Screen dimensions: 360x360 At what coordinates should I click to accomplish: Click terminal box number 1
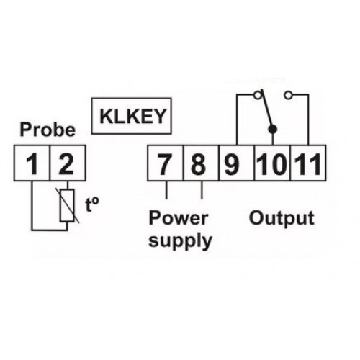point(32,163)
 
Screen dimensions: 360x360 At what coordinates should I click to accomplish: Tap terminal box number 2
point(68,163)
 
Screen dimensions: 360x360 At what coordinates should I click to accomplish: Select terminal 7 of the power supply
point(166,163)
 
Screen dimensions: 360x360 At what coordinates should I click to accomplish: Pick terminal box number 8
point(201,163)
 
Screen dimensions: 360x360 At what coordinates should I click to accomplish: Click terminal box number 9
point(237,163)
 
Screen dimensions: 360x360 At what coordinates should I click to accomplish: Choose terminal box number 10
point(272,163)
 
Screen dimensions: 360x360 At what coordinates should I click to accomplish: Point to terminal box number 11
point(308,163)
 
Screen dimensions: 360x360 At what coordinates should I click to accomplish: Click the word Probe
point(48,130)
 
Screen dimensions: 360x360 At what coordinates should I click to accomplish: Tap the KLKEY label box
point(131,116)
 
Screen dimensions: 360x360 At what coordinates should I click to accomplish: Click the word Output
point(282,218)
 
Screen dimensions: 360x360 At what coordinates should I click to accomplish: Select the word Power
point(179,218)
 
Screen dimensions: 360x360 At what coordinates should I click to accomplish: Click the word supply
point(180,240)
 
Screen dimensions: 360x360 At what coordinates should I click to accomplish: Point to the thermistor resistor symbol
point(67,205)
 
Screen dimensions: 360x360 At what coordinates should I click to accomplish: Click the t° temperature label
point(92,204)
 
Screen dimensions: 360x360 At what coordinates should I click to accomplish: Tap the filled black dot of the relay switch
point(272,130)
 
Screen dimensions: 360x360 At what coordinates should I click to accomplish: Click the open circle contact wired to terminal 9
point(258,96)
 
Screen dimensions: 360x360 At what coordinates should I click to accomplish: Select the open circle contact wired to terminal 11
point(288,96)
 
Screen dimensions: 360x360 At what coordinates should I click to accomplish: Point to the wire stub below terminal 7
point(166,190)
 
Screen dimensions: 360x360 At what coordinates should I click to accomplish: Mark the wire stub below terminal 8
point(202,190)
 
